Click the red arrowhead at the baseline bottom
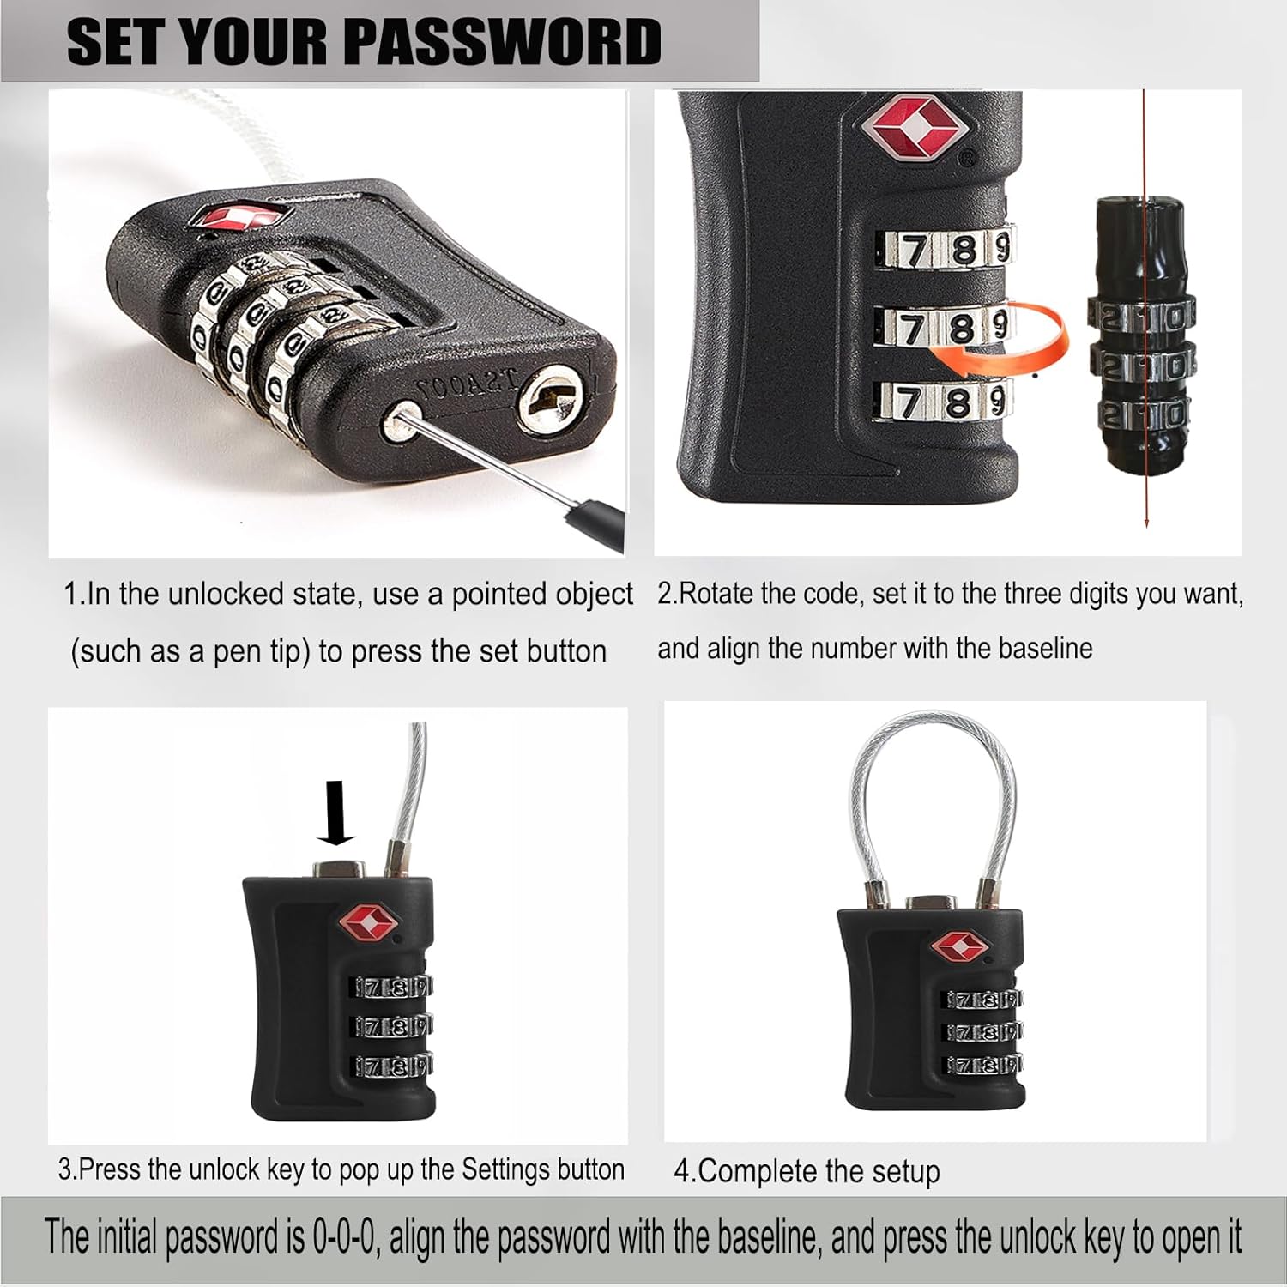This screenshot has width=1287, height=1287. [x=1146, y=520]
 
